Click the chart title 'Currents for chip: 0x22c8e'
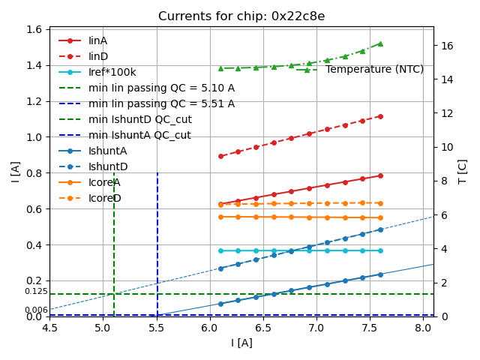241,16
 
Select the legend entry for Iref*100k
112,72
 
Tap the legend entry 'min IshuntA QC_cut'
139,135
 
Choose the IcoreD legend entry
104,198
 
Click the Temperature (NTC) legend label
374,70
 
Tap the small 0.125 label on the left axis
36,291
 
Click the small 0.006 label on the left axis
36,310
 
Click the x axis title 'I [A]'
241,343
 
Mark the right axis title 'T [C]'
462,172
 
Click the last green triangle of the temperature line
380,43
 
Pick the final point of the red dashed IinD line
380,116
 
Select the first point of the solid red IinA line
220,204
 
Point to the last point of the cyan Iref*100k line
380,250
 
